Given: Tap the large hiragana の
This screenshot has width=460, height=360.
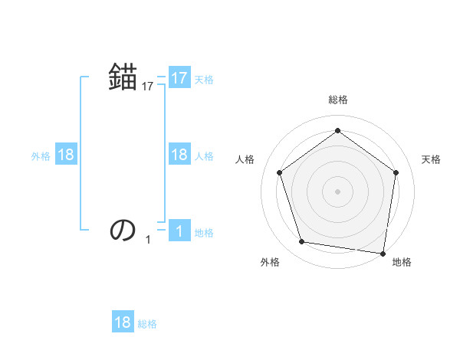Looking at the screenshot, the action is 123,229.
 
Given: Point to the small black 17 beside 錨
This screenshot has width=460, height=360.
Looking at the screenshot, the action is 148,87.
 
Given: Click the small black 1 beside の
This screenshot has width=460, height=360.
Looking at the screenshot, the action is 148,240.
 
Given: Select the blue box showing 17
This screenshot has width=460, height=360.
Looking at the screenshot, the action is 179,78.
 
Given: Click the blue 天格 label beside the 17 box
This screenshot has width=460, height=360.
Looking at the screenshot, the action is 204,79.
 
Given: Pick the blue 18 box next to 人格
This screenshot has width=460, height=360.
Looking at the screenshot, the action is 179,155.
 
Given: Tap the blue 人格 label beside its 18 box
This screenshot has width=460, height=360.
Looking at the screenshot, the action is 204,155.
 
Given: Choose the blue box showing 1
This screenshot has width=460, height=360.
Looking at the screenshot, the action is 179,231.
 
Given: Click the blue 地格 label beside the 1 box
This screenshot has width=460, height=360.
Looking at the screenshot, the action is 204,232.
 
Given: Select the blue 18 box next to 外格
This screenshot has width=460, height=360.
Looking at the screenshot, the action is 66,155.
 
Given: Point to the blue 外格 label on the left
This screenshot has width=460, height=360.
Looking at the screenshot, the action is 41,155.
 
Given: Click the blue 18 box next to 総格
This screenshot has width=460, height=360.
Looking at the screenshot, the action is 123,322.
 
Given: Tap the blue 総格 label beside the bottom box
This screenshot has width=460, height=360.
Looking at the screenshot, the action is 147,324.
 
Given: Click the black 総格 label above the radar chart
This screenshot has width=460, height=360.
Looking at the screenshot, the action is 337,100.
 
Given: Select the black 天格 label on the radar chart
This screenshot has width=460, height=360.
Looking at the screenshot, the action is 431,159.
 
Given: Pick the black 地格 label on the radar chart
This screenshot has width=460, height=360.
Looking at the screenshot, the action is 402,262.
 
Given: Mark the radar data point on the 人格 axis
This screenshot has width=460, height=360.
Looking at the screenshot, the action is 279,173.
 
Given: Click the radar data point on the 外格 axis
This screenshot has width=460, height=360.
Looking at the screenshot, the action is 302,242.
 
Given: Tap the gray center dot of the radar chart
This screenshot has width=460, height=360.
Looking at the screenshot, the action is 337,191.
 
